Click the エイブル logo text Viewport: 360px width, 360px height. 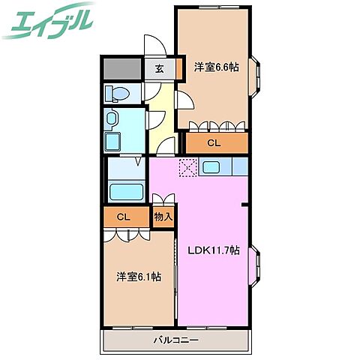tap(49, 21)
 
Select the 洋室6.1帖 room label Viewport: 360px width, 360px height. tap(139, 277)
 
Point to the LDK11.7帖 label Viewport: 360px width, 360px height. tap(212, 250)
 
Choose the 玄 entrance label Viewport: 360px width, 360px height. tap(160, 69)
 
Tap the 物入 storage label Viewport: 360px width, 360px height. tap(163, 217)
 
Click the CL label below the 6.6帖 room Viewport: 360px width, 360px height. tap(214, 142)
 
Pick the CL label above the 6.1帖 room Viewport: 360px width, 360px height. tap(123, 217)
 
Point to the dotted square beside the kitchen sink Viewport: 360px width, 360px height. tap(187, 166)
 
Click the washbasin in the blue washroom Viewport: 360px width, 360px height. tap(112, 120)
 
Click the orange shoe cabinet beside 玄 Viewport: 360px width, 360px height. tap(179, 69)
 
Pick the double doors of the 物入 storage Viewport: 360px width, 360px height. tap(163, 201)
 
